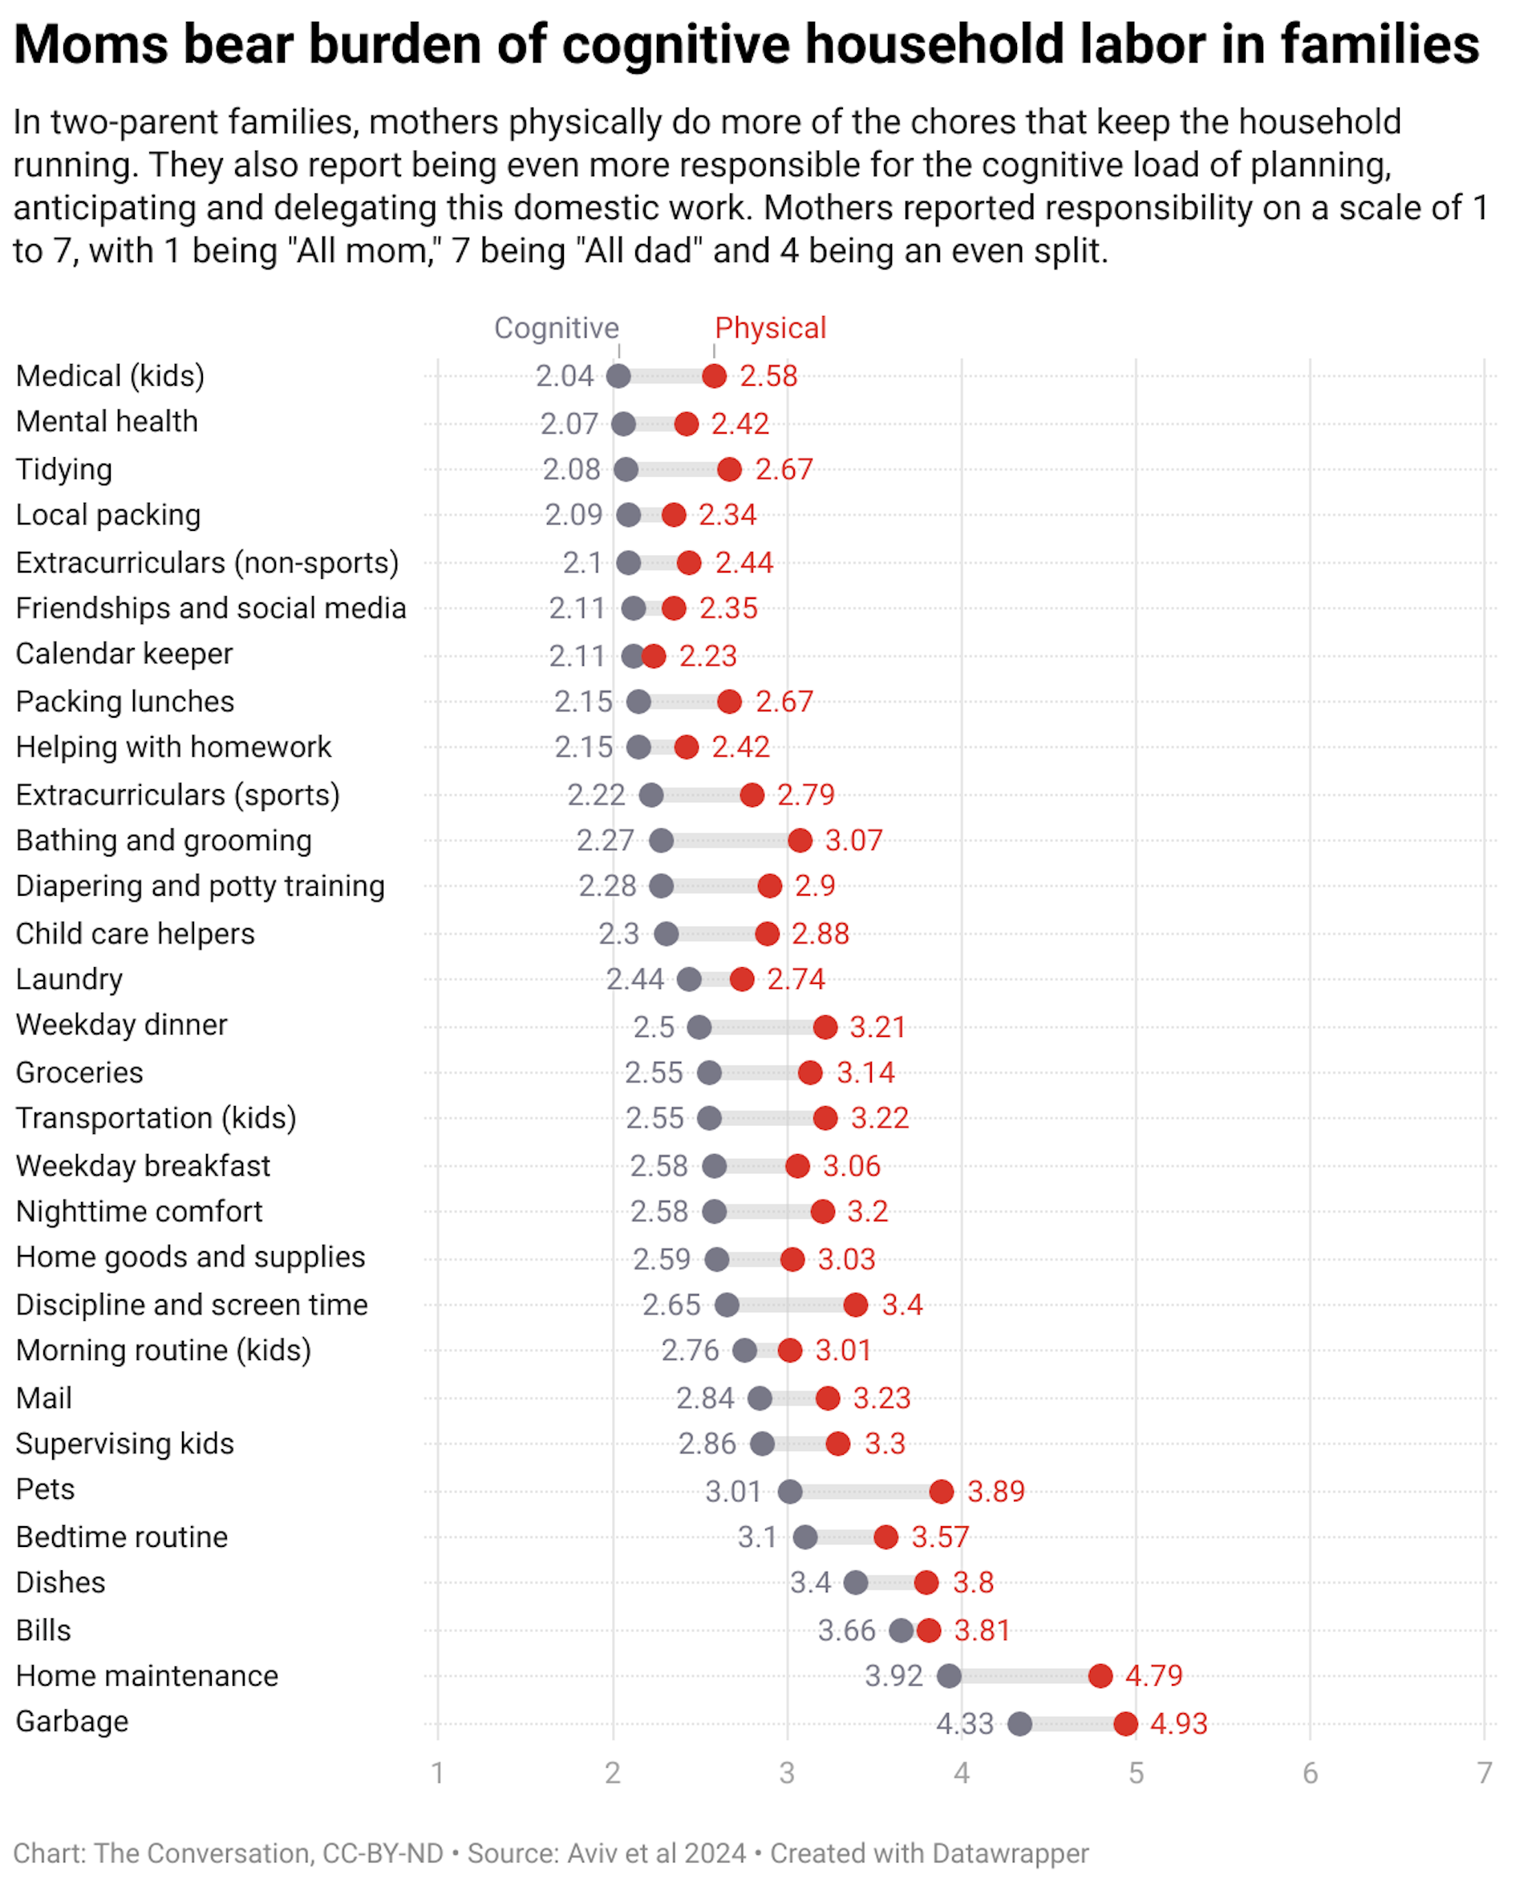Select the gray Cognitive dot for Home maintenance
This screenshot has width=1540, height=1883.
coord(948,1675)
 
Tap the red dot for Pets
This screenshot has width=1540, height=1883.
coord(941,1491)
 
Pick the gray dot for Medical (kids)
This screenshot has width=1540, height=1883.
coord(618,376)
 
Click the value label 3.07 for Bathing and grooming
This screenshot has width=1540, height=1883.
coord(853,840)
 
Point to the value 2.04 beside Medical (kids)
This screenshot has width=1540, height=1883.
coord(564,376)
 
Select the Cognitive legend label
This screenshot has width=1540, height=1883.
coord(556,328)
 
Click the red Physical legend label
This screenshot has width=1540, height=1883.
coord(770,328)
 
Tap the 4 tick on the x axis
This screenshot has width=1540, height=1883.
coord(962,1773)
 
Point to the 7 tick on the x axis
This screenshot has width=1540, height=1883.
coord(1484,1773)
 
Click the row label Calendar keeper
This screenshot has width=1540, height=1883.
coord(124,654)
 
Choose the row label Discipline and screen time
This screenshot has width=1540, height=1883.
coord(192,1305)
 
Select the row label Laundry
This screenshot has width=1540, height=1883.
coord(69,979)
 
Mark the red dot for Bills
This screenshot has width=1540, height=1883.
coord(929,1630)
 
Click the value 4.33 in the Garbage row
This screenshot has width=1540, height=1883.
coord(964,1723)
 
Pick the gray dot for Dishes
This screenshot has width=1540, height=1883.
coord(855,1582)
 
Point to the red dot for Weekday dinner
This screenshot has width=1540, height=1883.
coord(825,1027)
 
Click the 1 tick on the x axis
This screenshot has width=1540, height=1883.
coord(437,1773)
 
